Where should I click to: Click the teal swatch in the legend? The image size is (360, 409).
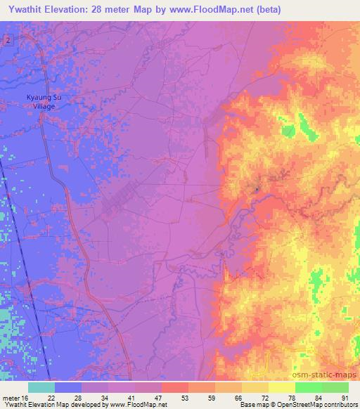41,387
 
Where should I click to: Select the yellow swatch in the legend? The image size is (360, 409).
281,387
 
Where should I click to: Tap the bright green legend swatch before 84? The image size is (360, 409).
308,387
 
